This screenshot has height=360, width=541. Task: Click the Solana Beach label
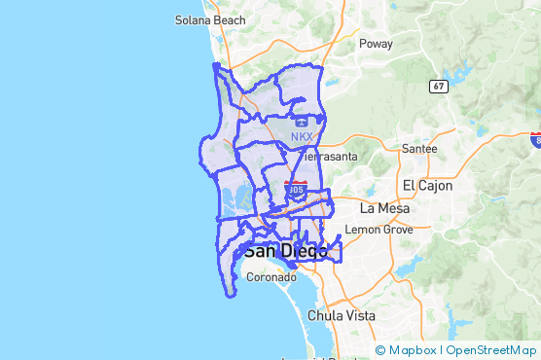(x=210, y=19)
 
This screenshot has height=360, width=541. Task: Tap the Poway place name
(x=376, y=44)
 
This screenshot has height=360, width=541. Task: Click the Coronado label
(x=270, y=277)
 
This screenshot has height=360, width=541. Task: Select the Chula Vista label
(x=342, y=316)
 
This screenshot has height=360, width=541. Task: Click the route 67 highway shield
(x=438, y=87)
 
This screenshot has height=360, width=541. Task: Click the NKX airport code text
(x=302, y=137)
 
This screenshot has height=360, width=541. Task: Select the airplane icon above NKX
(x=303, y=123)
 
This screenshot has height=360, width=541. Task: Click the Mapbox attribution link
(x=411, y=350)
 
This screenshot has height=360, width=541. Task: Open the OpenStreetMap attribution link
(x=491, y=350)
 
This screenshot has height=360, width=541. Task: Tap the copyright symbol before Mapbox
(x=380, y=350)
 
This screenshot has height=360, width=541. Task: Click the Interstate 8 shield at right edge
(x=536, y=142)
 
